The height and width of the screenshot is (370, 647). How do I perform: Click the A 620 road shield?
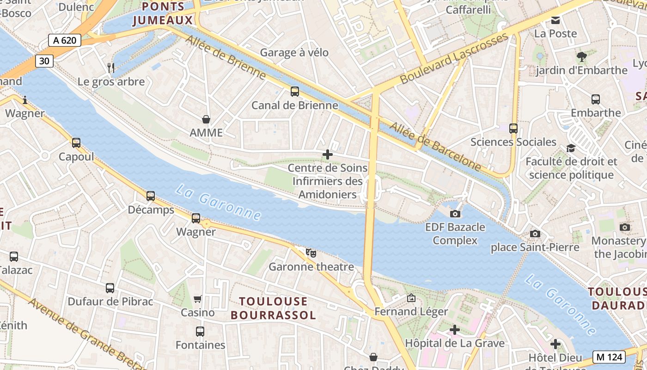(x=65, y=40)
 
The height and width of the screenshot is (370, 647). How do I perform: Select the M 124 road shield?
(x=609, y=357)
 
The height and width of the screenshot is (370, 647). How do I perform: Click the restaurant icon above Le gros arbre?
(x=110, y=68)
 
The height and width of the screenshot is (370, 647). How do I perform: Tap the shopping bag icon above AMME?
(x=206, y=119)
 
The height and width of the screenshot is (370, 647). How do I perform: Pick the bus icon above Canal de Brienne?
(x=295, y=92)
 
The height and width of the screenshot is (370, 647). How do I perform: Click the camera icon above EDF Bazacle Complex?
(x=455, y=214)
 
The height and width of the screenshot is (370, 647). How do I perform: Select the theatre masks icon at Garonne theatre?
(x=311, y=253)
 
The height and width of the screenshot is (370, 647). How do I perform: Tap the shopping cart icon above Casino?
(x=198, y=299)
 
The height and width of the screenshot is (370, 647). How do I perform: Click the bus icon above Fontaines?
(x=200, y=332)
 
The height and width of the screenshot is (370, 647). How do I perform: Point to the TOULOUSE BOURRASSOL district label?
(x=273, y=308)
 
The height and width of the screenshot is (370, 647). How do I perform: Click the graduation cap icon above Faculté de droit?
(x=571, y=148)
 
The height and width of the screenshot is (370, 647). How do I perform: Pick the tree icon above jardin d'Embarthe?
(x=581, y=57)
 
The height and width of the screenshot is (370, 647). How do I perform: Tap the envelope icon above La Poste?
(x=555, y=20)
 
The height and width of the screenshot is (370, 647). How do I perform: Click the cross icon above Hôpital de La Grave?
(x=455, y=330)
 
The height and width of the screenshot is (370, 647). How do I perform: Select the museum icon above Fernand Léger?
(x=411, y=298)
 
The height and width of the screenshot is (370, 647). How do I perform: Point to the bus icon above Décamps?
(x=151, y=196)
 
